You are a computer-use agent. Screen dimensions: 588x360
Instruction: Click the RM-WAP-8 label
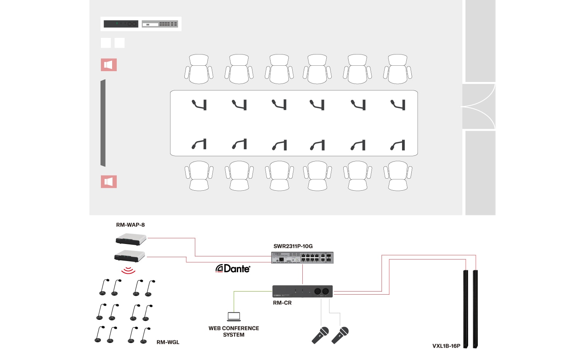[x=130, y=225]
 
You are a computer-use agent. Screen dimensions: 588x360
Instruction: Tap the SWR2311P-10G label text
[x=293, y=246]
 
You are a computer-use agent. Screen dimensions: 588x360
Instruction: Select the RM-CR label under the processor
[x=282, y=303]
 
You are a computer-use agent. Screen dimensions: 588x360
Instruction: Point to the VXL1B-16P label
[x=446, y=346]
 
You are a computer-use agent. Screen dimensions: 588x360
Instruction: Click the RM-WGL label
[x=168, y=342]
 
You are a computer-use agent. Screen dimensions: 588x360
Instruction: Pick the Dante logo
[x=233, y=269]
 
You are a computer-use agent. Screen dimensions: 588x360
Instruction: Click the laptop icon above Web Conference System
[x=233, y=316]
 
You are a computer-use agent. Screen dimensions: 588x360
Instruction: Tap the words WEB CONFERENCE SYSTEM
[x=233, y=331]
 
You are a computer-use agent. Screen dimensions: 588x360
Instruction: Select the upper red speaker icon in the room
[x=109, y=65]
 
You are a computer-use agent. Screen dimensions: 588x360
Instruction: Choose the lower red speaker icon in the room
[x=109, y=182]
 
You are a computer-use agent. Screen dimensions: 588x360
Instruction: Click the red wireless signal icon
[x=128, y=270]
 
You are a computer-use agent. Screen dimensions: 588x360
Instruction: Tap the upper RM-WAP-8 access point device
[x=131, y=239]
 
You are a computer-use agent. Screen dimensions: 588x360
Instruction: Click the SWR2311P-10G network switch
[x=302, y=258]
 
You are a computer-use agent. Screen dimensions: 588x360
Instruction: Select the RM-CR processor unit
[x=302, y=291]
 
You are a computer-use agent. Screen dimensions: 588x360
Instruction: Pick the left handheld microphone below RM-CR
[x=320, y=335]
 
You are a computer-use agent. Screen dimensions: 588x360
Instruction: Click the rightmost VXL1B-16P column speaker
[x=475, y=309]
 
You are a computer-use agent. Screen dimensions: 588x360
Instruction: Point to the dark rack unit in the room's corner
[x=121, y=24]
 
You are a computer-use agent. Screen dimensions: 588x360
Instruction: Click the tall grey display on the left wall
[x=103, y=123]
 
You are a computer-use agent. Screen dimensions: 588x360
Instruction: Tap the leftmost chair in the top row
[x=199, y=69]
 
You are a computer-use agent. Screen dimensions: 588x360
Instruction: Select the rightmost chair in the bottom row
[x=398, y=176]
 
